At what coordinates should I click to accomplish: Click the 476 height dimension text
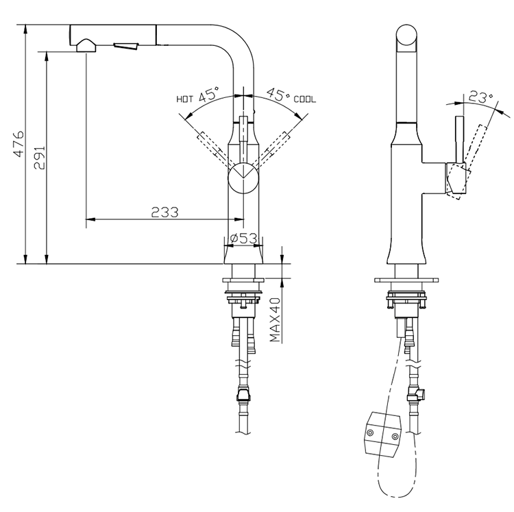(x=19, y=144)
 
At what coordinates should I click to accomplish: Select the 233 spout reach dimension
(x=164, y=212)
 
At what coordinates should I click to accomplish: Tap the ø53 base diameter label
(x=243, y=238)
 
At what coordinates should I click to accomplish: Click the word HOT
(x=185, y=99)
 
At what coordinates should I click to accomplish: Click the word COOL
(x=305, y=99)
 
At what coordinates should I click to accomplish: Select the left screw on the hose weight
(x=371, y=433)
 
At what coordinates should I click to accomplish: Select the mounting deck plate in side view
(x=408, y=280)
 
